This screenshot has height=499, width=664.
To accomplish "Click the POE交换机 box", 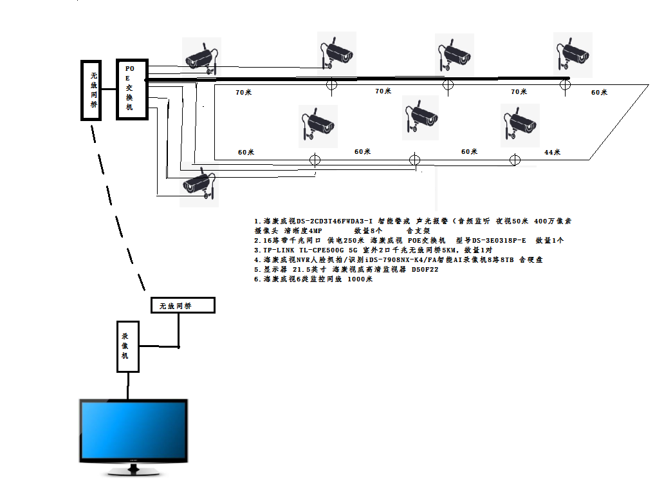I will (x=132, y=89).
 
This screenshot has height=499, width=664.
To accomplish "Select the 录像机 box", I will (x=127, y=346).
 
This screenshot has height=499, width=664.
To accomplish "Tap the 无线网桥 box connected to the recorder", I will (x=183, y=305).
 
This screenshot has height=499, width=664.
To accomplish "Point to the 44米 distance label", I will (x=552, y=153).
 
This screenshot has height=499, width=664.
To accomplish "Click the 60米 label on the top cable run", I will (x=599, y=93).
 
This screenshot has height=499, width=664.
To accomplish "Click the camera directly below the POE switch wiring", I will (x=198, y=185).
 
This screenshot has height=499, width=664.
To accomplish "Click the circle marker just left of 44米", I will (x=514, y=160).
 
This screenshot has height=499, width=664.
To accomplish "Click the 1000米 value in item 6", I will (x=360, y=279).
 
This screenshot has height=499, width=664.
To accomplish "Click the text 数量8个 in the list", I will (x=368, y=231).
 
